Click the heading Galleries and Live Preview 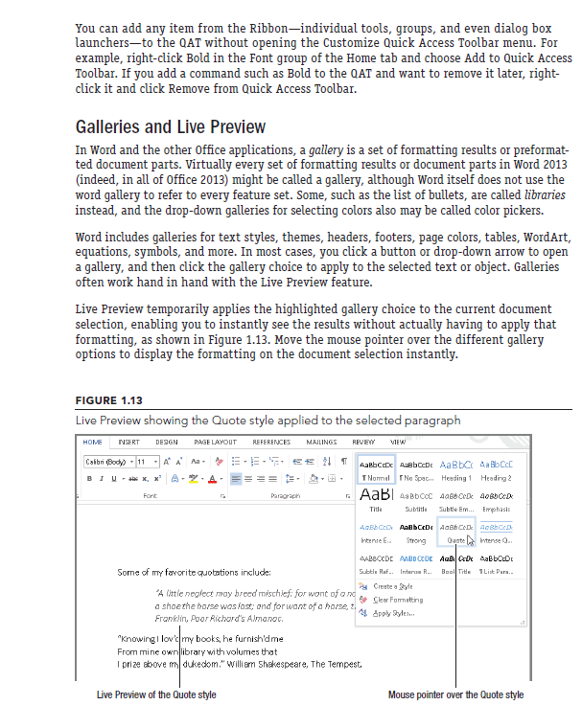point(171,127)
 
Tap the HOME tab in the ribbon point(93,443)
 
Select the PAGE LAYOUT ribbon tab point(216,443)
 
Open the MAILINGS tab point(322,443)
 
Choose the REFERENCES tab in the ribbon point(271,443)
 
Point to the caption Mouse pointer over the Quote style point(455,694)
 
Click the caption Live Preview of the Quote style point(156,694)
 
